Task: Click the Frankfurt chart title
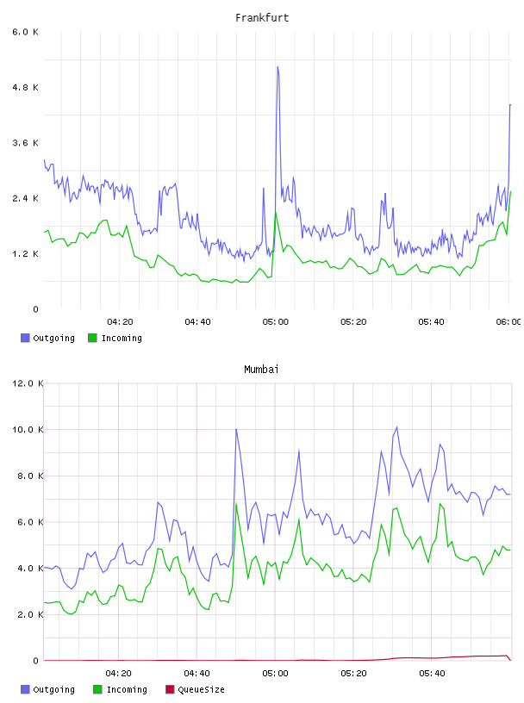click(262, 18)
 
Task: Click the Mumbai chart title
click(261, 370)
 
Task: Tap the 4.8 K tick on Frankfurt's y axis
click(26, 87)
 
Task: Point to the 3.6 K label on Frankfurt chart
click(26, 143)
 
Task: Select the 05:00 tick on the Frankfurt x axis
click(276, 322)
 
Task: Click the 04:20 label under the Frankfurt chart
click(120, 322)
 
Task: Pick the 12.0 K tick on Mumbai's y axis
click(28, 383)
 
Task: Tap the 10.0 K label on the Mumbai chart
click(28, 430)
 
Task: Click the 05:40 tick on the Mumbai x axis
click(432, 674)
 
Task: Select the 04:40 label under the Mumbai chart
click(197, 674)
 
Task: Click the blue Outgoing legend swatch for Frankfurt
click(25, 338)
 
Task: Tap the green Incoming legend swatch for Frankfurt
click(92, 338)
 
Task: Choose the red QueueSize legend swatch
click(170, 689)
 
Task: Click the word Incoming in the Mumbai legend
click(127, 689)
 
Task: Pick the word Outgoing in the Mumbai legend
click(53, 689)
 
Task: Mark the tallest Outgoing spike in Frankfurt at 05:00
click(278, 67)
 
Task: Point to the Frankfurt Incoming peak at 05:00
click(276, 211)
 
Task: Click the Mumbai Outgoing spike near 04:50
click(236, 430)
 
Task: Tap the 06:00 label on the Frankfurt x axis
click(508, 322)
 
